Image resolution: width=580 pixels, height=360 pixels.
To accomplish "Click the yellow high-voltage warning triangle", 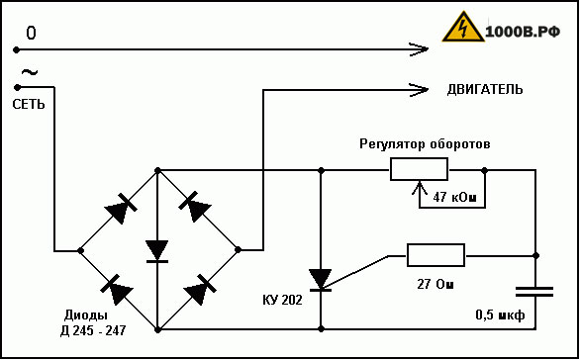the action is coord(463,28).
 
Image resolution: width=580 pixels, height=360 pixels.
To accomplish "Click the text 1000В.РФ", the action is coord(523,33).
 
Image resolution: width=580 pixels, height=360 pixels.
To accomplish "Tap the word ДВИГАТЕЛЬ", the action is coord(485,89).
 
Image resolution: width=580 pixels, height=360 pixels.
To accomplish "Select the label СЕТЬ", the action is coord(29,104).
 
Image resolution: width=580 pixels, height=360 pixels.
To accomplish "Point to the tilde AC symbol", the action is coord(30,72).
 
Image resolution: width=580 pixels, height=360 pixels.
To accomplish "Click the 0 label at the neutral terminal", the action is coord(31,34).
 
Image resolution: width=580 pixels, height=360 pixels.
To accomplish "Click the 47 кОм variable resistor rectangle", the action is coord(419,169).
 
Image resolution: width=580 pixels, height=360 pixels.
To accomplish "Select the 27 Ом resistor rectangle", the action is coord(435,255).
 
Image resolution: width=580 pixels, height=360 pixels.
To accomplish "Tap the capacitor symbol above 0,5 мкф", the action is coord(534,291).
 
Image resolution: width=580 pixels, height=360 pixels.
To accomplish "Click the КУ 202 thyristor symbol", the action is coord(321,280).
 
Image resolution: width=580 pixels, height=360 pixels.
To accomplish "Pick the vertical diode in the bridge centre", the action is coord(157,251).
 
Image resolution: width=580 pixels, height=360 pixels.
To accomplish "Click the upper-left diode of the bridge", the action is coord(121,209).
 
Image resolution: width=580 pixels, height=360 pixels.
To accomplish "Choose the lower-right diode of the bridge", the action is coord(200,290).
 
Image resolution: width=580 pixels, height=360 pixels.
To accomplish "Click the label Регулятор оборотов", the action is coord(425,144).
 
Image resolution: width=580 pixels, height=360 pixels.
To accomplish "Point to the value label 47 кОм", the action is coord(454,198).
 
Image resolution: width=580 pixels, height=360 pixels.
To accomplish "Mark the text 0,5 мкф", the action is coord(500,315).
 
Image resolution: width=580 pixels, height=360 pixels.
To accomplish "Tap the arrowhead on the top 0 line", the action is coord(419,48).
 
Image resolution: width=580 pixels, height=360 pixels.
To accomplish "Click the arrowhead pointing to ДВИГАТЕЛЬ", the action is coord(419,89).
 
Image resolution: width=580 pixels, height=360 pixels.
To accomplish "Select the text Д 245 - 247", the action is coord(93,330).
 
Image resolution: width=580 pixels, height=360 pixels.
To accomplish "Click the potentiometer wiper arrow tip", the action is coord(419,181).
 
